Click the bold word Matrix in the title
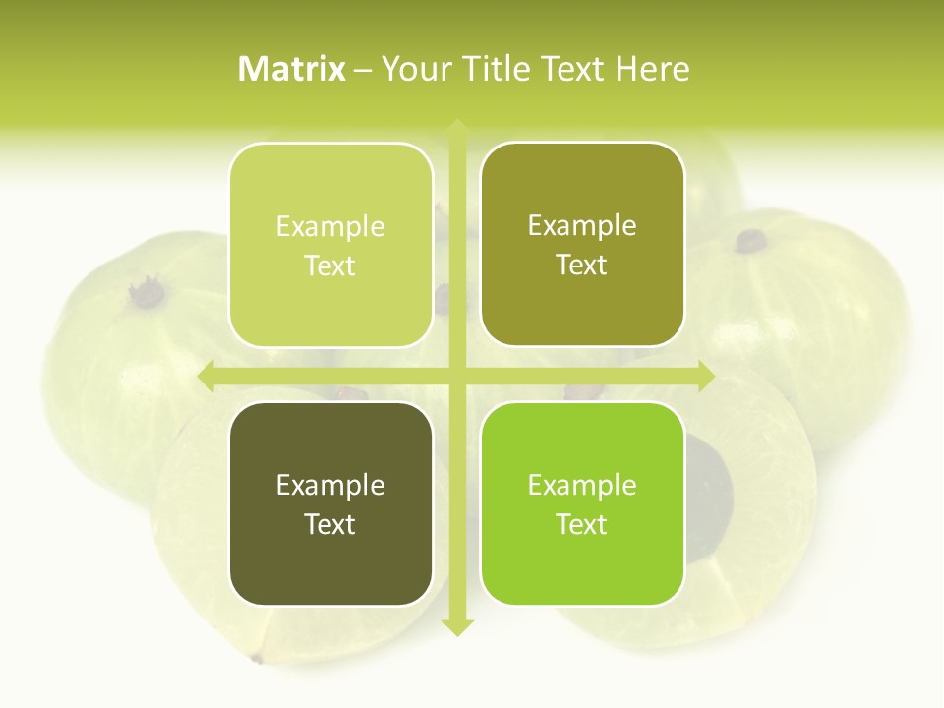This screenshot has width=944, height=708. (x=292, y=69)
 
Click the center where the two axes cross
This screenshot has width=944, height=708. (x=457, y=376)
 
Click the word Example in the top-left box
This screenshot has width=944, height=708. (x=330, y=227)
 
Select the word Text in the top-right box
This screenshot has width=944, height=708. (x=582, y=265)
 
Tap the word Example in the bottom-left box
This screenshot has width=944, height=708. (x=330, y=485)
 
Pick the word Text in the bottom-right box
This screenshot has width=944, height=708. (x=582, y=524)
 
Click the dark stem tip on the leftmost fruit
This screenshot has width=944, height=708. (x=147, y=292)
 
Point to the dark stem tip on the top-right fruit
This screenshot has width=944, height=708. (x=752, y=239)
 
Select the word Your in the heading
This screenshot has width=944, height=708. (x=412, y=69)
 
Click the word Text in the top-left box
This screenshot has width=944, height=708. (x=330, y=266)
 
